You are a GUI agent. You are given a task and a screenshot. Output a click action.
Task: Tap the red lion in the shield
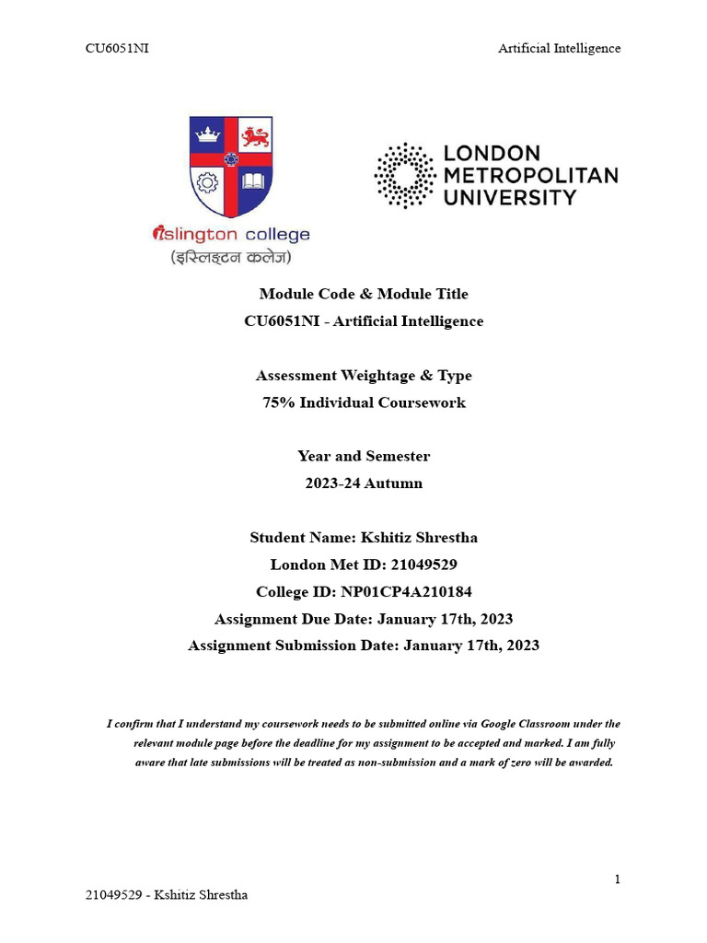tap(255, 137)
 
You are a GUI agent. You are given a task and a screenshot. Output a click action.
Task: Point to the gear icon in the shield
tap(207, 181)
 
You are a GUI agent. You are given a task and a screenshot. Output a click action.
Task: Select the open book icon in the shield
tap(253, 180)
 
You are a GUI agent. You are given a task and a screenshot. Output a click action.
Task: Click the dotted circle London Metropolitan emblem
tap(404, 175)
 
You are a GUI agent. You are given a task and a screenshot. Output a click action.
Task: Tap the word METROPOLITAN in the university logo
tap(531, 175)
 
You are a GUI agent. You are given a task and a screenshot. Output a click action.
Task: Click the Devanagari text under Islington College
tap(230, 257)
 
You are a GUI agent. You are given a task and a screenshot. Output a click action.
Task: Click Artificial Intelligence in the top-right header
tap(559, 48)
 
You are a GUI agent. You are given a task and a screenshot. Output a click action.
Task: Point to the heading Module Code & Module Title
tap(364, 294)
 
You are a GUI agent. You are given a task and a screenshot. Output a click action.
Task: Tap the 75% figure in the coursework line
tap(278, 402)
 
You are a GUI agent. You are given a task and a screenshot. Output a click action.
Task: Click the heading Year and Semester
tap(364, 456)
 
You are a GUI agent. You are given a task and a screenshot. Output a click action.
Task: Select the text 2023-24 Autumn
tap(364, 483)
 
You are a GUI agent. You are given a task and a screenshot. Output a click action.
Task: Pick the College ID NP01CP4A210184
tap(406, 591)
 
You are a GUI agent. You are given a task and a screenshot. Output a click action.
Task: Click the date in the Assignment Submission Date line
tap(471, 646)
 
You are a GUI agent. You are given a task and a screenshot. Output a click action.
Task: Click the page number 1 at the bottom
tap(617, 879)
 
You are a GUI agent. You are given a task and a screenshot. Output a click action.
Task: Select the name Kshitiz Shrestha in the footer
tap(201, 895)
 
